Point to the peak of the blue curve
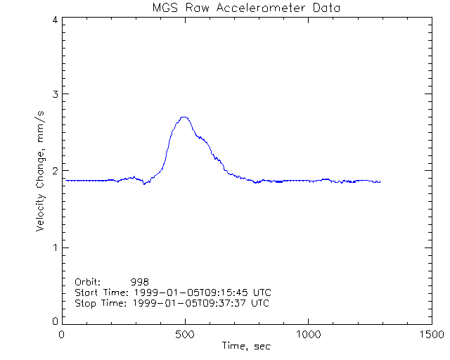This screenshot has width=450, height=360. click(184, 117)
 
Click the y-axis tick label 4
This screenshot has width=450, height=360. click(54, 20)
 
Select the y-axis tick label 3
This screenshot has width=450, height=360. click(54, 94)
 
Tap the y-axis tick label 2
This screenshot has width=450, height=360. click(54, 171)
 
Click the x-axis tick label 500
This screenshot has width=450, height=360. click(185, 335)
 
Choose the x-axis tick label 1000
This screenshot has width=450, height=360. click(308, 335)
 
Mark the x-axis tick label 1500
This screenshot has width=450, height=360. click(431, 335)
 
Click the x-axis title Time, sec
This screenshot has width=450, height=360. click(246, 347)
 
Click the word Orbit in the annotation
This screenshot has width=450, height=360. click(87, 281)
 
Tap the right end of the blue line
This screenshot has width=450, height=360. click(380, 182)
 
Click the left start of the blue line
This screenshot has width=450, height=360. click(65, 181)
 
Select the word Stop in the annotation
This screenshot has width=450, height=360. click(85, 303)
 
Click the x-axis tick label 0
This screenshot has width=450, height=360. click(63, 335)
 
